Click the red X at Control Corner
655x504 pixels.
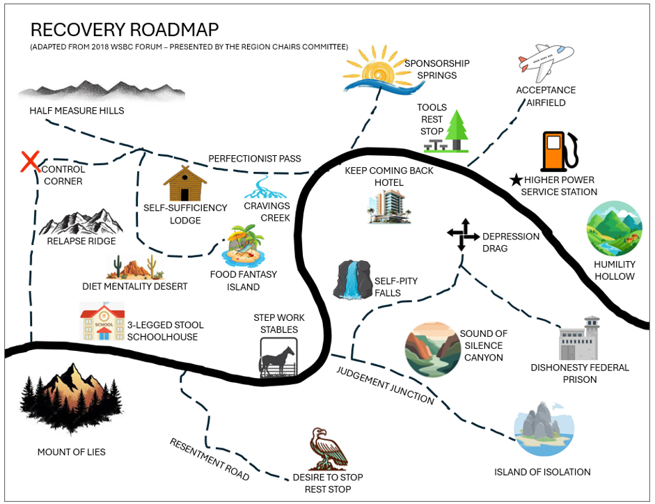30,162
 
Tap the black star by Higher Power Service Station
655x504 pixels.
516,180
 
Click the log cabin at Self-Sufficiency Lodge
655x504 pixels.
185,184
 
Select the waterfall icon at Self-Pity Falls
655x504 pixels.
354,280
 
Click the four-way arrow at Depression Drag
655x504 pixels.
463,234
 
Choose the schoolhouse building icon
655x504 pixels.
102,322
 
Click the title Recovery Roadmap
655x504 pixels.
125,29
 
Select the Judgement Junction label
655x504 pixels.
386,384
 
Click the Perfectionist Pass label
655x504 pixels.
255,159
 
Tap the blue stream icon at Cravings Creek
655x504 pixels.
262,187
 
